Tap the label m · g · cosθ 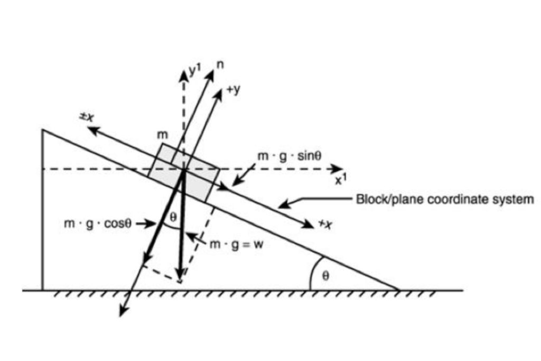[97, 224]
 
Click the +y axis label [233, 89]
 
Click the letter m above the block [162, 135]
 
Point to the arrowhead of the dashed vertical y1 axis [184, 76]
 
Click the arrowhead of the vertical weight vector [181, 275]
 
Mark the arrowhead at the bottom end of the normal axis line [122, 312]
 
